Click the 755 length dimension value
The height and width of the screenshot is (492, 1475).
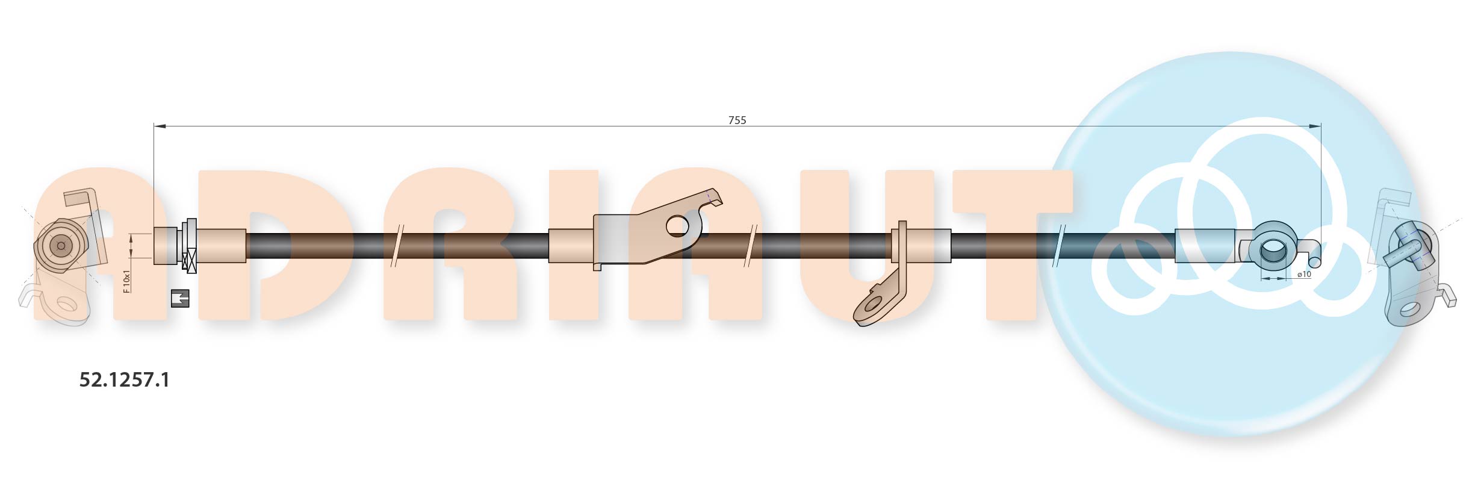737,120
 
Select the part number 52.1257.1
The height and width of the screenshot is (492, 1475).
125,380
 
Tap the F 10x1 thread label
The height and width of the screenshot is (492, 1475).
126,281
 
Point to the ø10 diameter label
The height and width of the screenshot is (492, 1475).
1304,275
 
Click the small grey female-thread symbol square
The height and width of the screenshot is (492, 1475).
180,298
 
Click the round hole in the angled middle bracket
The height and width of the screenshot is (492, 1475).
678,226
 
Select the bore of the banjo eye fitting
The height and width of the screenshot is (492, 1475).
1272,250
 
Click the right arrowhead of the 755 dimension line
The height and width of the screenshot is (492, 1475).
1315,126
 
